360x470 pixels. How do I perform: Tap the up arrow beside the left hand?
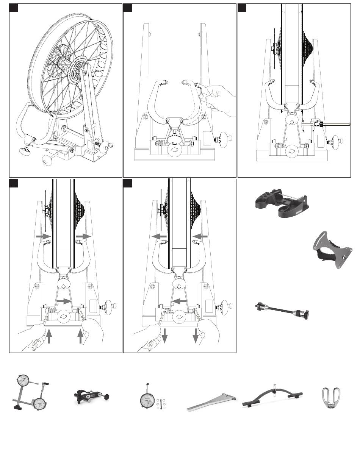(49, 335)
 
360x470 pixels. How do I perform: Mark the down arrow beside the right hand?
(196, 335)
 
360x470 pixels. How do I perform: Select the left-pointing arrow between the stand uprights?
(178, 301)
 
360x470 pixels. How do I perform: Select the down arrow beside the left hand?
(164, 335)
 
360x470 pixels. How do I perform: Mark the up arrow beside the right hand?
(80, 335)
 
